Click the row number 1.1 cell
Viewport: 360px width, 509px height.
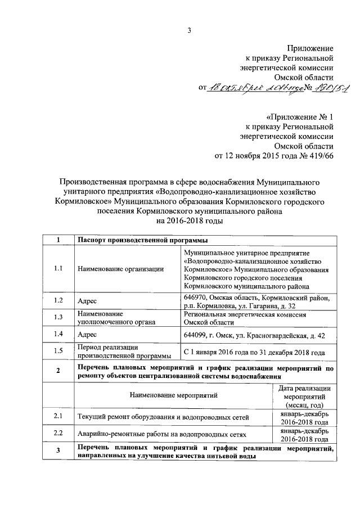[x=58, y=269]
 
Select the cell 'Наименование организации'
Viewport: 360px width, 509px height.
[x=120, y=269]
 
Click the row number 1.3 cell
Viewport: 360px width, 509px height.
[x=58, y=318]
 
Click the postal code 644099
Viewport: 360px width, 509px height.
[x=196, y=335]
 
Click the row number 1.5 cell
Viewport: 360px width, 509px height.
[x=58, y=352]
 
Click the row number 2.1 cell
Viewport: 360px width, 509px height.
[x=58, y=417]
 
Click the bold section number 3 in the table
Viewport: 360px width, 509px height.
[x=58, y=452]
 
